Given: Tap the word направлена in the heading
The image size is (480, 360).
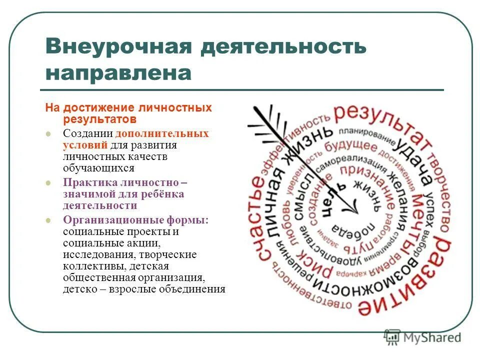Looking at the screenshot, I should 118,73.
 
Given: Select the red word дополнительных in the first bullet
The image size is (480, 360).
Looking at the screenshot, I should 162,134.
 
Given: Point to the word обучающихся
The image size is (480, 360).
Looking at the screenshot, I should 98,168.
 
